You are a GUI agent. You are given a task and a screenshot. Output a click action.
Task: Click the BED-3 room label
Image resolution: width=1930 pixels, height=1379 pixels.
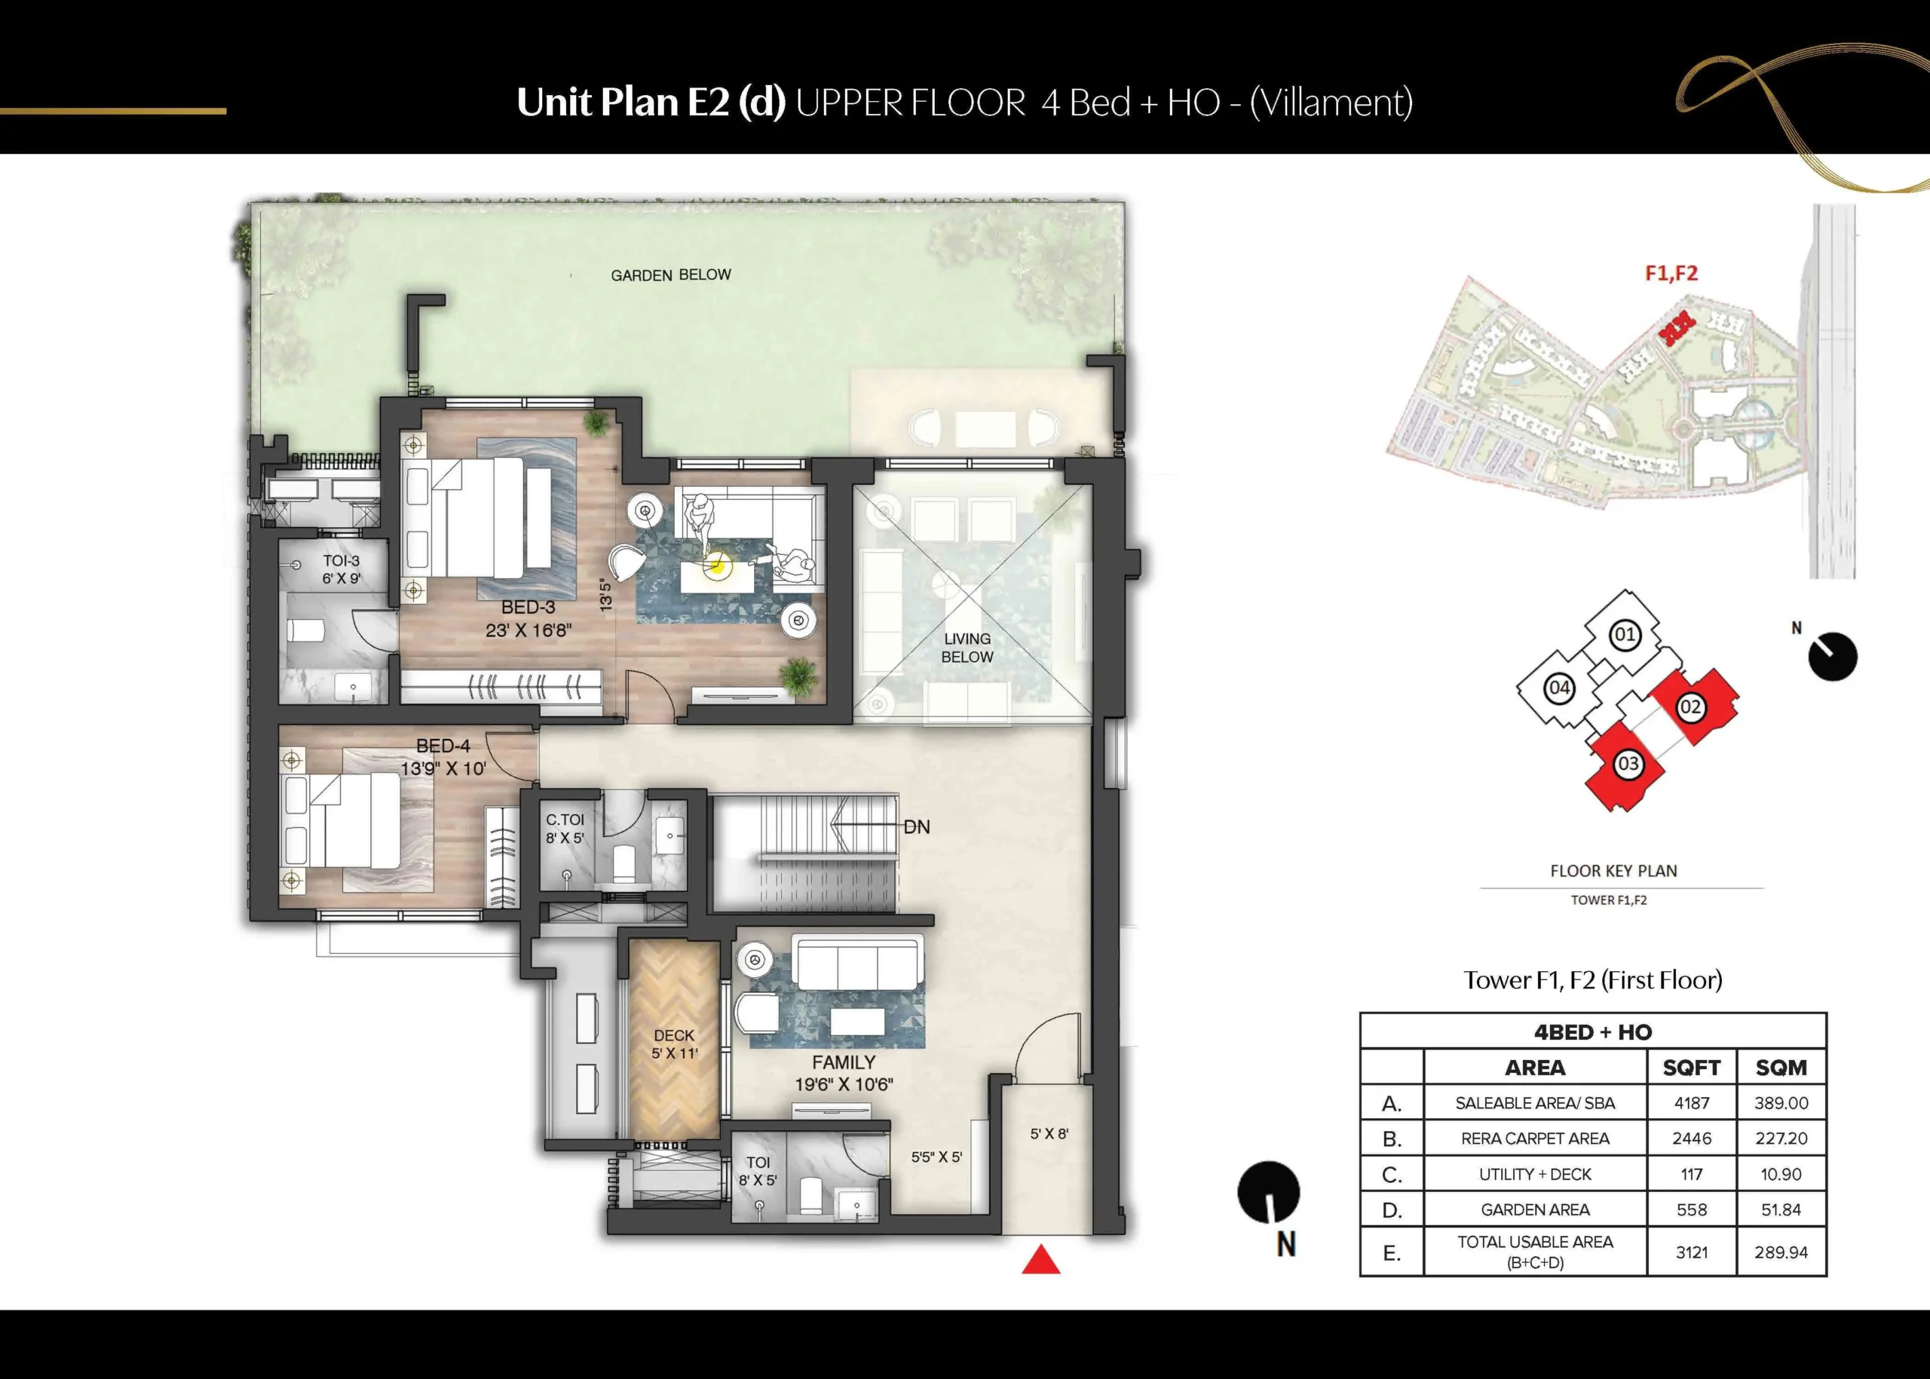528,607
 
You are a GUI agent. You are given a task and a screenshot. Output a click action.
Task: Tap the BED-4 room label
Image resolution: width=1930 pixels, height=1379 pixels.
443,746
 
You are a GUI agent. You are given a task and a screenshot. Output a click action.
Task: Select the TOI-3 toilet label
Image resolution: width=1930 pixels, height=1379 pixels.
342,561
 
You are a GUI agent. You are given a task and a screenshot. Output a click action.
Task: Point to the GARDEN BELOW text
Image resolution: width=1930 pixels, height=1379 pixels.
671,275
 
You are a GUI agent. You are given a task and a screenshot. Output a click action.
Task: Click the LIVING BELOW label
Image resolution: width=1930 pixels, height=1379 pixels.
967,648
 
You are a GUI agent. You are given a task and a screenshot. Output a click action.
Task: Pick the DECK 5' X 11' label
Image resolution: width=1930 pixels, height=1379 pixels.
674,1044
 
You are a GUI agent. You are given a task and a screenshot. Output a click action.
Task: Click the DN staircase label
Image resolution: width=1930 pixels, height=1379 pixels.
916,827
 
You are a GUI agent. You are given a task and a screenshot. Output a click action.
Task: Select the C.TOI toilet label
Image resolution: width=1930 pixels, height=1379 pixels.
565,820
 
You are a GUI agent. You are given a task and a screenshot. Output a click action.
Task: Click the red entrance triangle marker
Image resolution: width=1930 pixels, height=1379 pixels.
1041,1261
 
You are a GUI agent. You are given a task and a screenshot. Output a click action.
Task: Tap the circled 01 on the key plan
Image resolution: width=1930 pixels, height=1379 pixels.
1625,634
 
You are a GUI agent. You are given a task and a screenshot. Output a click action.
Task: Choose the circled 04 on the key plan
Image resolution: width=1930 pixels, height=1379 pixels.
1559,688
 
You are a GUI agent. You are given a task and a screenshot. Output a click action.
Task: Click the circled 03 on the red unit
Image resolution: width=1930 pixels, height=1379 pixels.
1628,763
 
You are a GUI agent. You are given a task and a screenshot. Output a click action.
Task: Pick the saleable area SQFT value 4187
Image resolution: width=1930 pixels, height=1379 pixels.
1692,1103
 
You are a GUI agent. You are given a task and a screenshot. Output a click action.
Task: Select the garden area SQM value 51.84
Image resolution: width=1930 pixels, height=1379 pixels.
1781,1209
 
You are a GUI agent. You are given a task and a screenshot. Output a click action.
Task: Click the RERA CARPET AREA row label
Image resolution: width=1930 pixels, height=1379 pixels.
1535,1138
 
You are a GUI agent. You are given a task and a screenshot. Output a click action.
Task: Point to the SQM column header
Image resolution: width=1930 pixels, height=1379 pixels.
1781,1068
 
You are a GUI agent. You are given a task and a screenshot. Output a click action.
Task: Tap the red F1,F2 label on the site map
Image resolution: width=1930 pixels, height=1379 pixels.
1671,273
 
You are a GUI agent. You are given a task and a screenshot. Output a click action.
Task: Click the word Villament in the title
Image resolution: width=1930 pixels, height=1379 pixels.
1331,103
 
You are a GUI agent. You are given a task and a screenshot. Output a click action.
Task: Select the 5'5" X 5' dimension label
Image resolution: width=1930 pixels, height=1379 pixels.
936,1157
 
